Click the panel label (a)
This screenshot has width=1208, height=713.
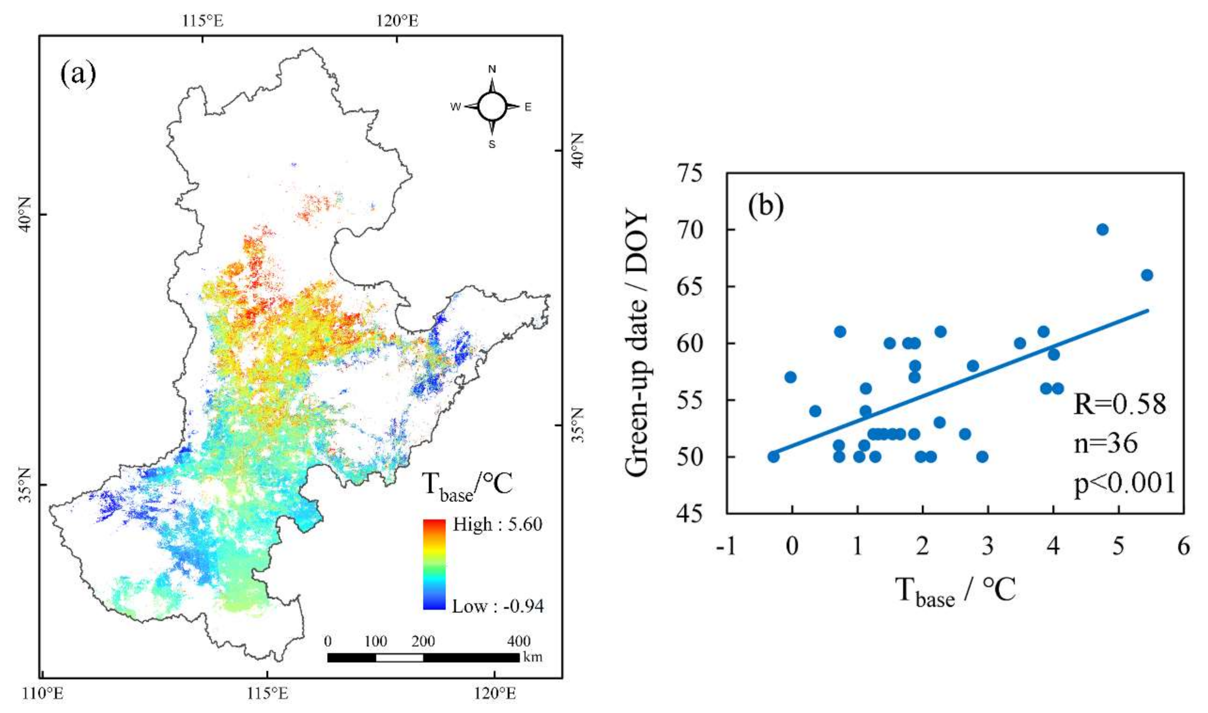(x=78, y=74)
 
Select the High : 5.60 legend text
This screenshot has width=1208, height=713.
(x=497, y=524)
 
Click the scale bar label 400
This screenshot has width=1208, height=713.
(x=519, y=641)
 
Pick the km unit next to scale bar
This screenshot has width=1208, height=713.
(x=533, y=657)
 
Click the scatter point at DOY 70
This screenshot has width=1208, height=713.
(x=1102, y=230)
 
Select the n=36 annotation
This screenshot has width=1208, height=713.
(x=1106, y=443)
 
